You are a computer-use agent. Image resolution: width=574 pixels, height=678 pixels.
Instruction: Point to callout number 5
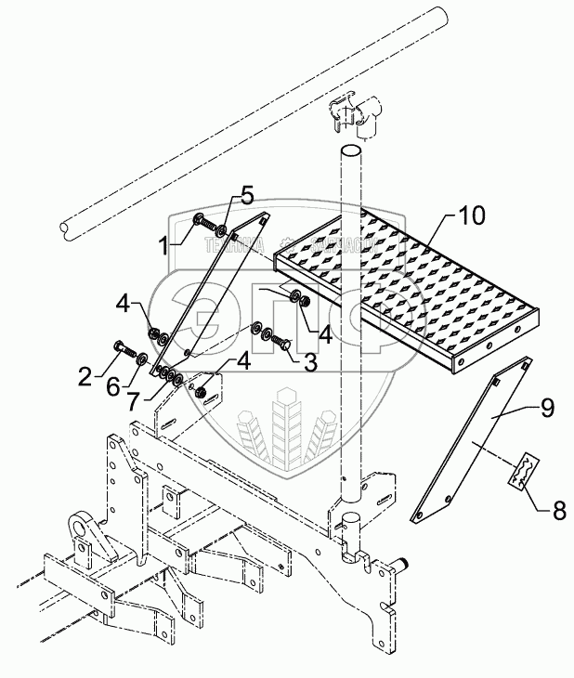(246, 195)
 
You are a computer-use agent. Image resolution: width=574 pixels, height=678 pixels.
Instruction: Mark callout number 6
(111, 387)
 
